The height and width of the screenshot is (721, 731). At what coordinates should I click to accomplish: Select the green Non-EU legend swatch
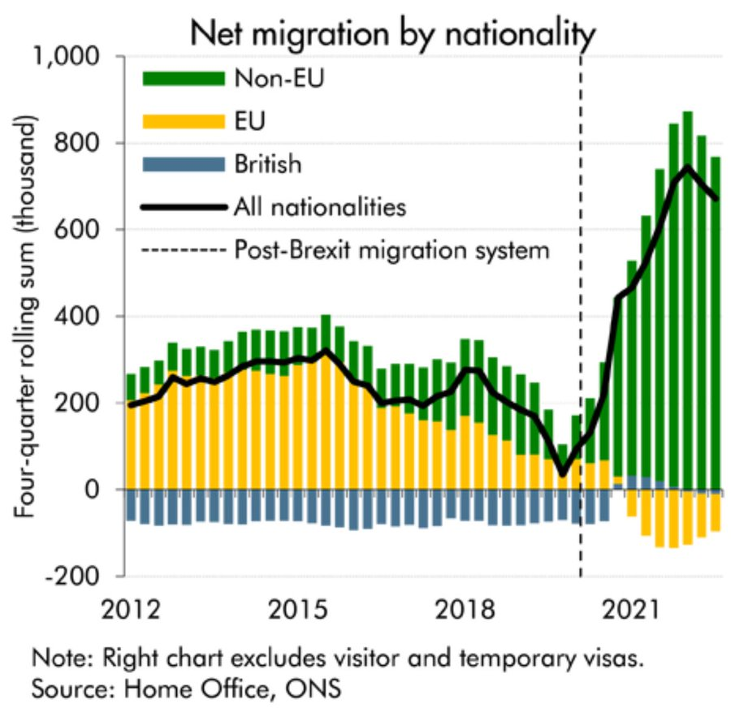(183, 79)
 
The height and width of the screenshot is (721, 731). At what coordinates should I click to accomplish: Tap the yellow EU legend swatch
(183, 121)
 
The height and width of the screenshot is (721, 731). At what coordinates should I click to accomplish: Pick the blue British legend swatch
(183, 164)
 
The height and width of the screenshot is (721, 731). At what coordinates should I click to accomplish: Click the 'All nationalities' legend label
(319, 207)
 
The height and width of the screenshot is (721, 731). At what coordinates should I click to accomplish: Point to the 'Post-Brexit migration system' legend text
(391, 250)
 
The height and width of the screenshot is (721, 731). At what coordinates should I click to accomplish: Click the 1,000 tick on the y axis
(75, 57)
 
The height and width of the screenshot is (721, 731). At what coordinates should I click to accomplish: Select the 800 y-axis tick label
(85, 144)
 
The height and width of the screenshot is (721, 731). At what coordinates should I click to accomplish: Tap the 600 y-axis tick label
(85, 230)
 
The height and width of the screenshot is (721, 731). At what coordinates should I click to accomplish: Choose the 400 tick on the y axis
(85, 317)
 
